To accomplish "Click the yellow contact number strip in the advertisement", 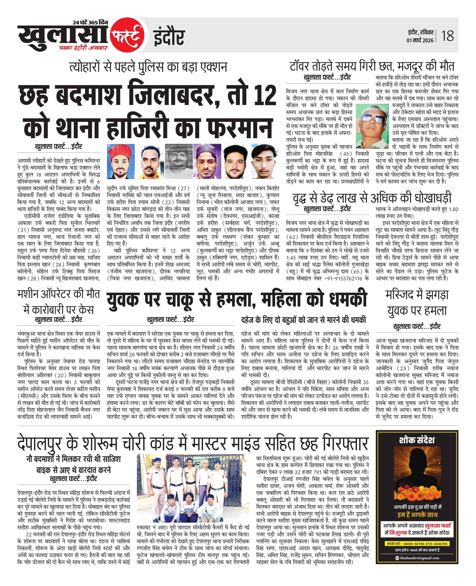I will click(417, 544).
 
